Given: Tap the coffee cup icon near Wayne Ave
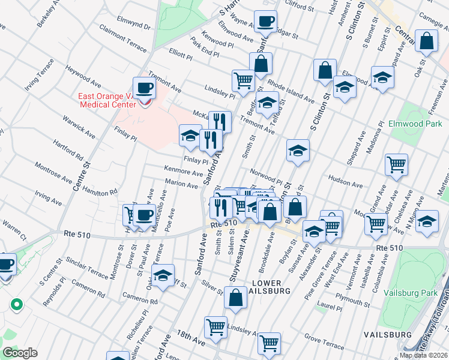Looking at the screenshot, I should [x=265, y=23].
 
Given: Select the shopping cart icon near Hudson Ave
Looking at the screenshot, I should [x=396, y=164].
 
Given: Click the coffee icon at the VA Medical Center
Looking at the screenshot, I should [x=144, y=88].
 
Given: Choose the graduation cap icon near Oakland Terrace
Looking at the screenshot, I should [x=163, y=275].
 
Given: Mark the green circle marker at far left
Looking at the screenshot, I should [x=16, y=305].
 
